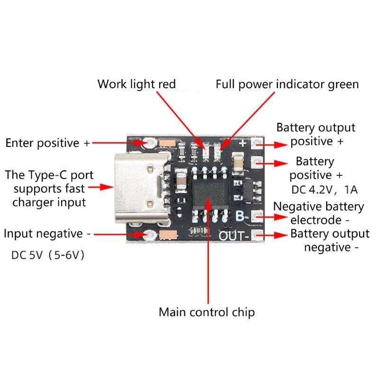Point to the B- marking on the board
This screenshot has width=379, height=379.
(x=242, y=217)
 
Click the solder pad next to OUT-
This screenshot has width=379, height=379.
(x=257, y=235)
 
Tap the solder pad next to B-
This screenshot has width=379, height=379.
(x=257, y=217)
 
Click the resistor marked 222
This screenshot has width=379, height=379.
(x=193, y=153)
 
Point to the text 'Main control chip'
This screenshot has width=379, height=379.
(x=207, y=312)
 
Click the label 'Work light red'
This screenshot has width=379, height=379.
(x=136, y=84)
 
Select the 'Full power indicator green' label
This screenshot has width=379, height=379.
(x=287, y=85)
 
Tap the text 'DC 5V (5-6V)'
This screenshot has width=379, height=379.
(x=48, y=255)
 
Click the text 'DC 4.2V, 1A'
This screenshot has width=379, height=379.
(x=324, y=190)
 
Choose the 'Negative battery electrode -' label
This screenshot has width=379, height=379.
(x=319, y=213)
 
